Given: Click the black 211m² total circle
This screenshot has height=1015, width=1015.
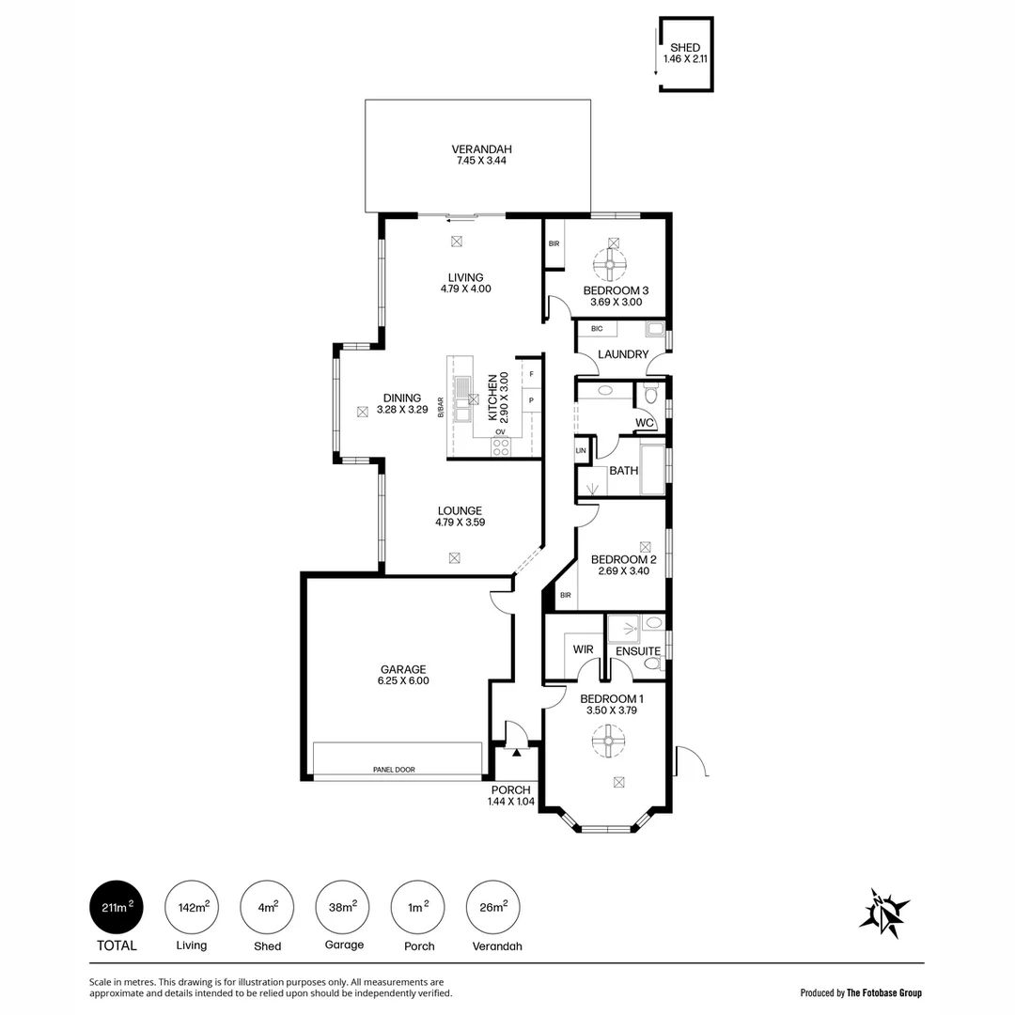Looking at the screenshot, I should pyautogui.click(x=117, y=907).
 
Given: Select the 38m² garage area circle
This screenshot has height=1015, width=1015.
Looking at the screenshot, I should pyautogui.click(x=343, y=907).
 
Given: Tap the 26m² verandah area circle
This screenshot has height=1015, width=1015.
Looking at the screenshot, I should pyautogui.click(x=493, y=907).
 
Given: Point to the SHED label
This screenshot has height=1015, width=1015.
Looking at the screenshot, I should pyautogui.click(x=684, y=48).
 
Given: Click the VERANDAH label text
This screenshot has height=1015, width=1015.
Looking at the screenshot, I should pyautogui.click(x=481, y=148).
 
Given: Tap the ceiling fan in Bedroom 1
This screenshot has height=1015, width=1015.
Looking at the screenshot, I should pyautogui.click(x=607, y=744).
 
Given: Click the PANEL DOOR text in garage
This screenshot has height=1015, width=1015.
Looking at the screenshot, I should pyautogui.click(x=394, y=770).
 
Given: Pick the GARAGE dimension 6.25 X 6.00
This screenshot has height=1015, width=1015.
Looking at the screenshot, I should pyautogui.click(x=403, y=681).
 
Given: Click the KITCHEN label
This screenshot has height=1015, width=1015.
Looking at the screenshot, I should pyautogui.click(x=492, y=396).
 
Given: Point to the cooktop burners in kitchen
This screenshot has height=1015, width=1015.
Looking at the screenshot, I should pyautogui.click(x=501, y=447).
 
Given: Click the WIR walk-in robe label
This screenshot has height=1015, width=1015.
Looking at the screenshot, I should pyautogui.click(x=582, y=649).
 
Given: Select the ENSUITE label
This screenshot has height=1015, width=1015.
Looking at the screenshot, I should pyautogui.click(x=638, y=651).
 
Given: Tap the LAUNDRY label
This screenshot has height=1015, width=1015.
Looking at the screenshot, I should pyautogui.click(x=622, y=354).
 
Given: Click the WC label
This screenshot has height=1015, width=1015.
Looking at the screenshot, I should pyautogui.click(x=644, y=423).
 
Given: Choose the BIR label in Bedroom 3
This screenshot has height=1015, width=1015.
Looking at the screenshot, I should pyautogui.click(x=554, y=244).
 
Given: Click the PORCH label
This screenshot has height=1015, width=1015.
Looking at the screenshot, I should pyautogui.click(x=510, y=789).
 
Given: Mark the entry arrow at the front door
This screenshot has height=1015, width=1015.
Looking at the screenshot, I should pyautogui.click(x=516, y=752).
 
